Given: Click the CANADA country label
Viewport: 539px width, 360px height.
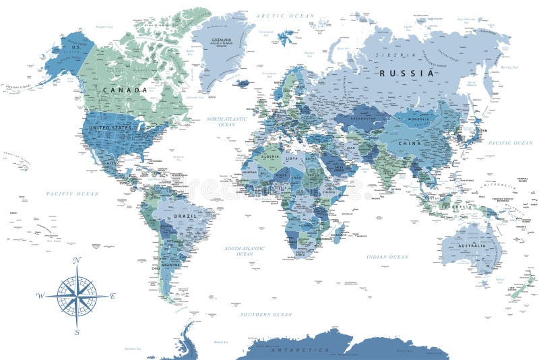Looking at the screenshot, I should (125, 90).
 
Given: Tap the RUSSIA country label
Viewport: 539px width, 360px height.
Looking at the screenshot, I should (406, 73).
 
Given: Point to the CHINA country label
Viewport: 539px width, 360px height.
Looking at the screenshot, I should (410, 144).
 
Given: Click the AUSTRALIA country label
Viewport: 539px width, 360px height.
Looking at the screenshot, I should (472, 245).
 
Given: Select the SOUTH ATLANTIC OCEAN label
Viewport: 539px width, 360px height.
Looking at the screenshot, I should (245, 251).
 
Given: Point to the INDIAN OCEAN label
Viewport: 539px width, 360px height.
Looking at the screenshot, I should (387, 257).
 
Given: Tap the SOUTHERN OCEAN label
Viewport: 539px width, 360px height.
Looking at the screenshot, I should (266, 314).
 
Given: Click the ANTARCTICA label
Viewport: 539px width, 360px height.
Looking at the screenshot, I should (300, 350).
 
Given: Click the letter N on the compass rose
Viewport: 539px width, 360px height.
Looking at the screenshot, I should (76, 260).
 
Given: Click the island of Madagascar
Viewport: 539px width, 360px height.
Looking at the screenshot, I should (338, 233).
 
